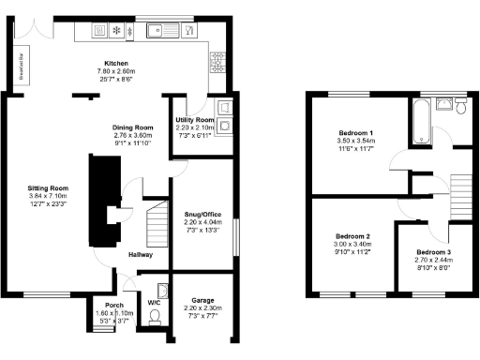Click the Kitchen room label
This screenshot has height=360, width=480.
point(115,63)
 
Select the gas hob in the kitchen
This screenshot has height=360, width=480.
point(218,63)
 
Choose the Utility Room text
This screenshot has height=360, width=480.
point(195,121)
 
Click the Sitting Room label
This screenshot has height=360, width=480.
point(48,187)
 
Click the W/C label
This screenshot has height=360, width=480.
point(153,302)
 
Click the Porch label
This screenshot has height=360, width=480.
point(115,305)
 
